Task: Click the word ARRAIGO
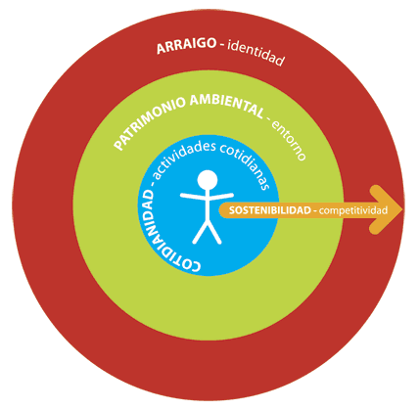tap(186, 46)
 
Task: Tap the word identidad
tap(256, 53)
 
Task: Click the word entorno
tap(289, 141)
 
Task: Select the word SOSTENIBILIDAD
tap(270, 210)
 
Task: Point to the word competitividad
tap(353, 210)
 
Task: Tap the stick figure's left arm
tap(193, 196)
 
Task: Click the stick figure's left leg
tap(200, 232)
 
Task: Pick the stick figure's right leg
tap(214, 232)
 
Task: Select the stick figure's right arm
tap(220, 196)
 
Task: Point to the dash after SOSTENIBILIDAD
tap(315, 211)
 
